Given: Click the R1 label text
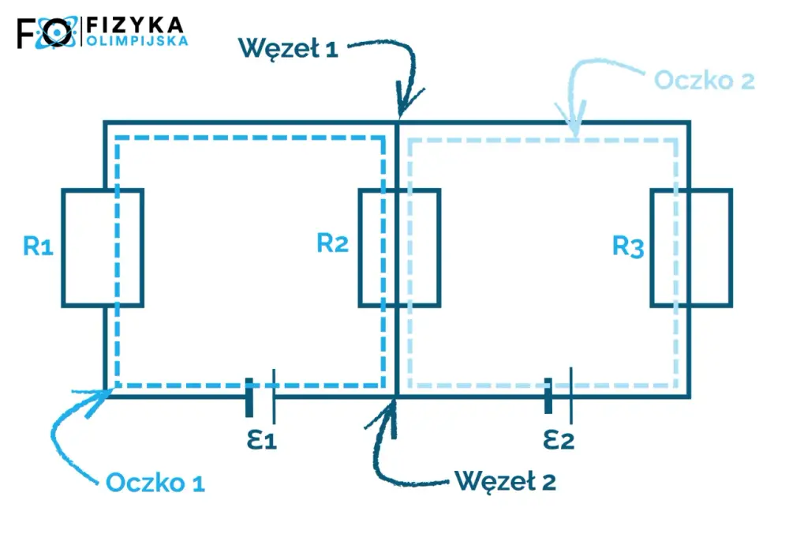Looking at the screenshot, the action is (x=38, y=246).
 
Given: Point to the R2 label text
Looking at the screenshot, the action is (x=333, y=243).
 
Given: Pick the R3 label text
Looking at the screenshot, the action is (x=628, y=246).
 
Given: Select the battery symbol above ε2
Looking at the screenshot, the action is (x=559, y=396).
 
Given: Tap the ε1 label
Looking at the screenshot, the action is (x=262, y=440).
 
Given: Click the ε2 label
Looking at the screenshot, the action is (x=559, y=439).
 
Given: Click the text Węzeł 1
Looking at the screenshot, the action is (x=288, y=49).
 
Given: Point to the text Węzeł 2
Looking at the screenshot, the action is (x=506, y=481).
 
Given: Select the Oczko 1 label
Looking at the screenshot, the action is (x=155, y=483).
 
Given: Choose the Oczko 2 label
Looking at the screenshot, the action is (x=705, y=81).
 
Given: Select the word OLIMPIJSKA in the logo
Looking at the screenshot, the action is (x=137, y=41).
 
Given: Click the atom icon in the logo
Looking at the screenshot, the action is (x=56, y=32).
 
